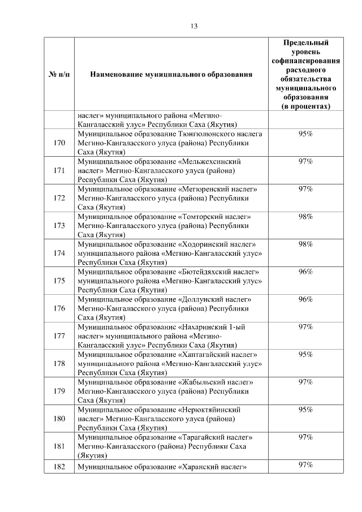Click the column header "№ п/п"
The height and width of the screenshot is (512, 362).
click(59, 74)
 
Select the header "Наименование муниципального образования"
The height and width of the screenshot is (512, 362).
click(171, 74)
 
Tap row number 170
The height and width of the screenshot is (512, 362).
click(59, 143)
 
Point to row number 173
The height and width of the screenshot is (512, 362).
click(59, 225)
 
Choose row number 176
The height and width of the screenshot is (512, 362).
click(59, 308)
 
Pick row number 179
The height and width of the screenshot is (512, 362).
click(59, 391)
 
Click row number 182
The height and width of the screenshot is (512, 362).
click(59, 467)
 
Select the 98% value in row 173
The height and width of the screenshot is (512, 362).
click(306, 217)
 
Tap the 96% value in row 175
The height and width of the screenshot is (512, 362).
click(306, 272)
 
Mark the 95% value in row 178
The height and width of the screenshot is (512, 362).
click(306, 354)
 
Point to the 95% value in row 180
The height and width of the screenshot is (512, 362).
click(306, 410)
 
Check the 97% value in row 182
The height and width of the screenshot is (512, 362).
click(306, 465)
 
